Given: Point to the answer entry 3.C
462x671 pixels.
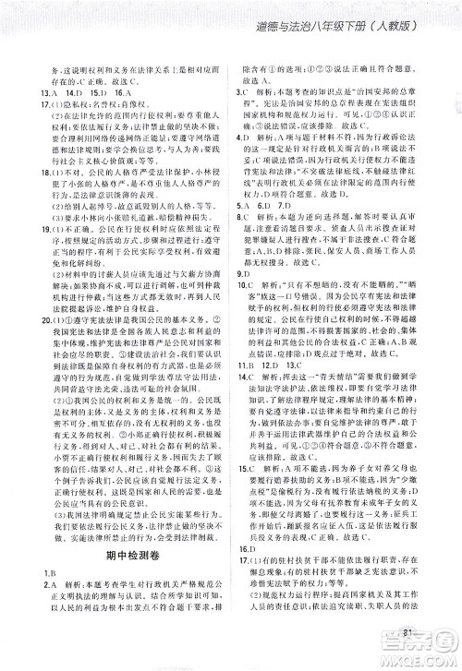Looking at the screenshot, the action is (244, 94).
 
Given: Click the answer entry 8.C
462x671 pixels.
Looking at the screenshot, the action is (244, 246).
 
